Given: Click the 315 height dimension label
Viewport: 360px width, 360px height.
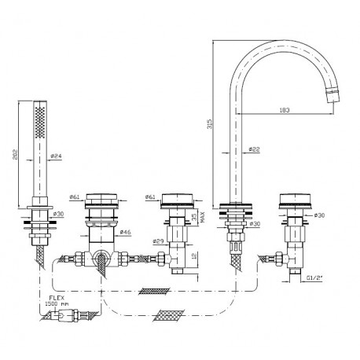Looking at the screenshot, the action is click(x=209, y=124).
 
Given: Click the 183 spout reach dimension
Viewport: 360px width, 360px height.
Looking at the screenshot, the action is click(x=285, y=110).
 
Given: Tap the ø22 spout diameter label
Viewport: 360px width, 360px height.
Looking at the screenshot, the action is click(x=254, y=149).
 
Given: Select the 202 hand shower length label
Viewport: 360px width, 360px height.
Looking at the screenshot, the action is click(x=16, y=154).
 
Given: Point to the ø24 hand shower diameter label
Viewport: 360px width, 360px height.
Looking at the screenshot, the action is click(x=56, y=156).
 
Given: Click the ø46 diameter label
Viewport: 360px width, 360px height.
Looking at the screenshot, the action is click(x=126, y=232).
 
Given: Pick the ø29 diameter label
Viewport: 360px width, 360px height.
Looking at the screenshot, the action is click(x=158, y=241).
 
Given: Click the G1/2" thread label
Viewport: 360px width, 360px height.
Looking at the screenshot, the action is click(x=314, y=278).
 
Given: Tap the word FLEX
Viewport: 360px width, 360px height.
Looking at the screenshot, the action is click(x=57, y=298).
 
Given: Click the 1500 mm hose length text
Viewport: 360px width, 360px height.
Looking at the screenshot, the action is click(x=57, y=304).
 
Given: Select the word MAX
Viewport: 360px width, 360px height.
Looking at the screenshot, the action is click(x=203, y=217).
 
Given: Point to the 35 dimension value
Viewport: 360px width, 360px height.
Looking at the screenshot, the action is click(x=194, y=217).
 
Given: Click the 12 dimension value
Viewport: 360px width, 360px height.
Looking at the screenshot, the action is click(x=194, y=255).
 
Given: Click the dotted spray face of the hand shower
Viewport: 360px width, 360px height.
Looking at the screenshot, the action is click(x=40, y=123).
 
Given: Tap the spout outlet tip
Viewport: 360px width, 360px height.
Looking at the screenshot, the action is click(x=332, y=100).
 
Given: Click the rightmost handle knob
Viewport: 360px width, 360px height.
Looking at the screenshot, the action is click(x=295, y=201).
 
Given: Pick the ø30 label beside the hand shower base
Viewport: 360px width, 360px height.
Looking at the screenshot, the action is click(x=58, y=214).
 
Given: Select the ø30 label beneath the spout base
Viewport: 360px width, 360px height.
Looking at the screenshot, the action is click(x=255, y=224).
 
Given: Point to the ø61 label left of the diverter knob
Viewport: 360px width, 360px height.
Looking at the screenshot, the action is click(x=75, y=197).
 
